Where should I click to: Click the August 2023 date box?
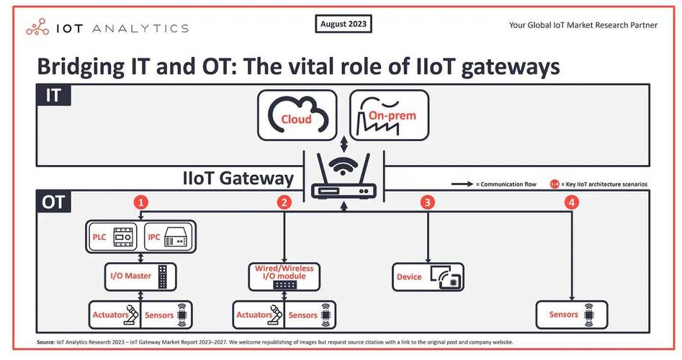click(344, 24)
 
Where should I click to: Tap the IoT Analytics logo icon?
click(37, 27)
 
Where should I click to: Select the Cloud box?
click(297, 115)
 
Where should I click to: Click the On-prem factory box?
click(390, 115)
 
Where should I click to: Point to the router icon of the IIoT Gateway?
click(344, 176)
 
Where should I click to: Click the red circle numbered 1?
click(140, 202)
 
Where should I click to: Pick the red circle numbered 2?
click(284, 202)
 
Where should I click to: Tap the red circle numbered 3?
click(428, 202)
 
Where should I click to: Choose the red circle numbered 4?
click(572, 202)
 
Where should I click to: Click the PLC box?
click(112, 237)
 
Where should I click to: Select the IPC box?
click(169, 237)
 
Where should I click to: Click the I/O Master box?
click(140, 276)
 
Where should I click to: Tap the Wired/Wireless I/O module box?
click(284, 276)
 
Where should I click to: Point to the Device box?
click(428, 276)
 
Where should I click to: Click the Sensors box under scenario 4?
click(572, 315)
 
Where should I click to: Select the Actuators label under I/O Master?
click(110, 315)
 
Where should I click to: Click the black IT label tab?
click(53, 95)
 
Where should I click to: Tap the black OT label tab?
click(53, 202)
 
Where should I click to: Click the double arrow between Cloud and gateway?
click(344, 144)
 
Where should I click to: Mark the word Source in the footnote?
click(45, 342)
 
